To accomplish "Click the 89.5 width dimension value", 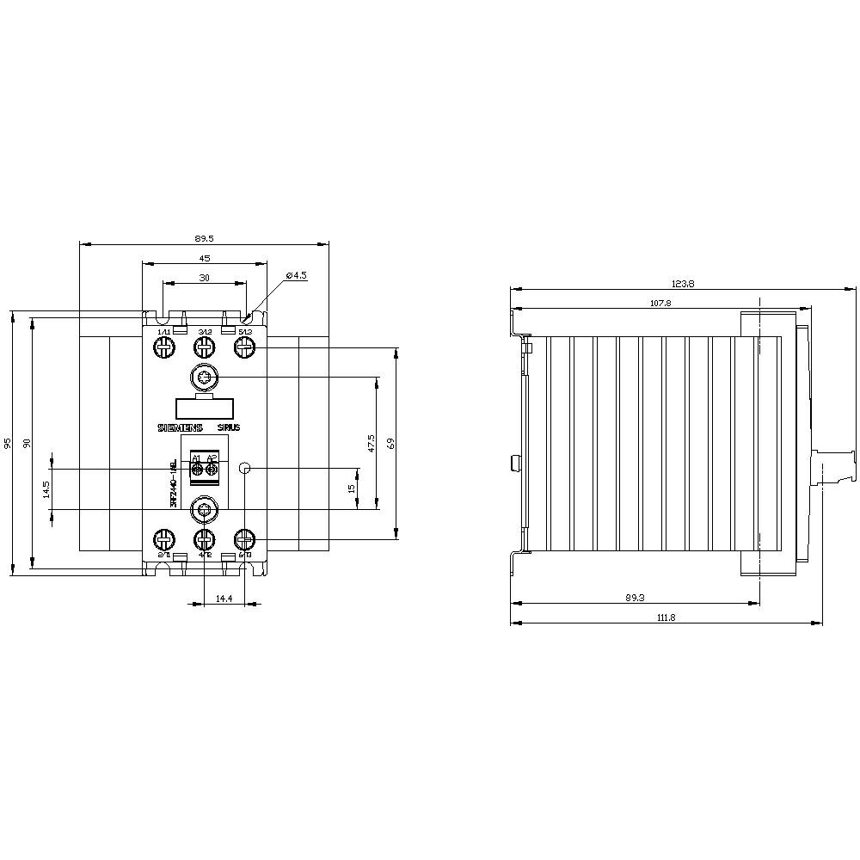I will pos(204,238).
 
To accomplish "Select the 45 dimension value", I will pos(204,258).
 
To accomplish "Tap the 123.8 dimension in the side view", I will pos(684,283).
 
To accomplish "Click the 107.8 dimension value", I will pos(660,303).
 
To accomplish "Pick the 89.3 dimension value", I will pos(635,596).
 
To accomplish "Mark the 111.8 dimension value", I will pos(666,617).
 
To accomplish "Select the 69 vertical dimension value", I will pos(390,443).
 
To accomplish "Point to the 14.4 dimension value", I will pos(224,598).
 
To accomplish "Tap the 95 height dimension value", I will pos(8,443).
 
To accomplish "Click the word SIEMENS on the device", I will pos(179,427).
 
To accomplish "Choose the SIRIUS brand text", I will pos(229,427).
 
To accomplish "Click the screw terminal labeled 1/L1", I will pos(163,347).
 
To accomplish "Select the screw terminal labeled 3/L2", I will pos(204,347).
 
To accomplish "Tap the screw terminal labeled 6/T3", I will pos(245,540).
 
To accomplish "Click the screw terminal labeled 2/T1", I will pos(163,540).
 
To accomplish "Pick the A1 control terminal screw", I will pos(197,469).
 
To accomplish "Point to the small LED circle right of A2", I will pos(244,469).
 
